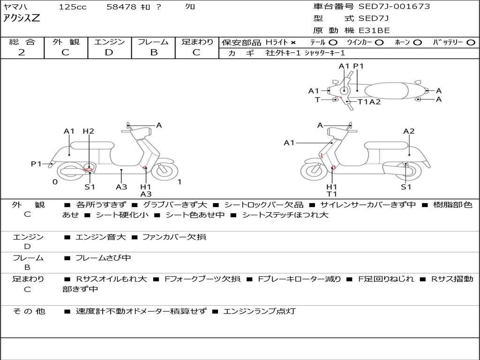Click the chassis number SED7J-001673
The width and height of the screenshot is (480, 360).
394,7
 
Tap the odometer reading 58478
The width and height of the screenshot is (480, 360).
122,7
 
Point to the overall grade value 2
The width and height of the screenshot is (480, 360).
22,52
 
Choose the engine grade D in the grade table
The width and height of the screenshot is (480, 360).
109,52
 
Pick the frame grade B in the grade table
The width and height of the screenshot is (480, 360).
153,52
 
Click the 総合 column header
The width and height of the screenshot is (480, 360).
22,42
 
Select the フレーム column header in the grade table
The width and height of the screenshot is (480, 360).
153,42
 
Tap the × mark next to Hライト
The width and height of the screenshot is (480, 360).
293,42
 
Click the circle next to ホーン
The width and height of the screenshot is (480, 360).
418,42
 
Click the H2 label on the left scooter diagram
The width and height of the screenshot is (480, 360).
89,131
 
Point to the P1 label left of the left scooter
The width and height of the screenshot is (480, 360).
37,164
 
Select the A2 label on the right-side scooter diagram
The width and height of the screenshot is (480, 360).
409,131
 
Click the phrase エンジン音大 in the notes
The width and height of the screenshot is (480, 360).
101,237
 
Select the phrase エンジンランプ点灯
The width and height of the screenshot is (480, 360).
259,311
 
